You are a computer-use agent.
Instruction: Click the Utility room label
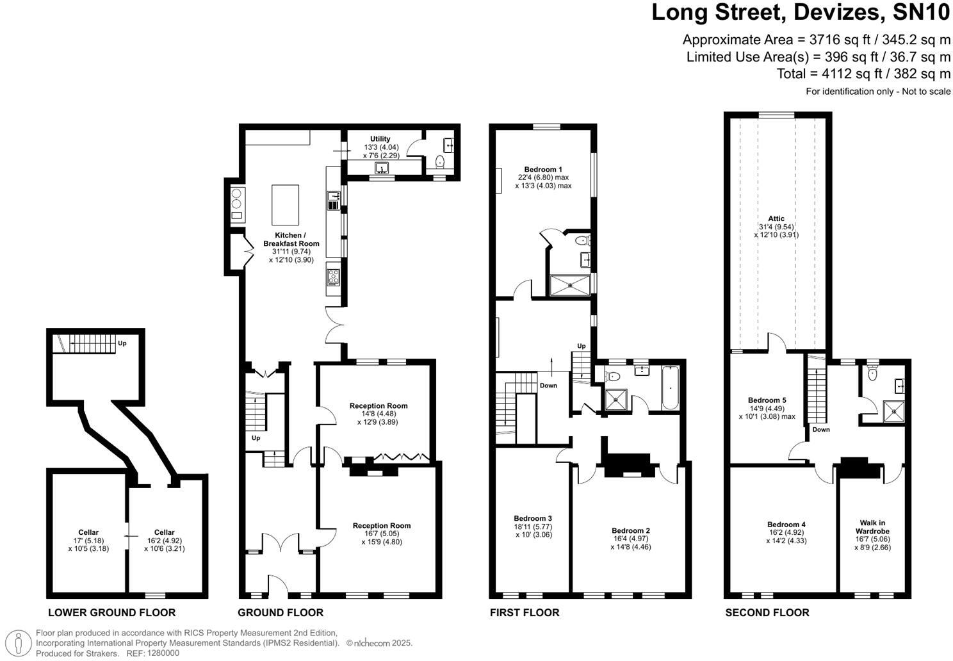[x=380, y=139]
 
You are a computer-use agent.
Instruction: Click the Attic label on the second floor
[x=776, y=218]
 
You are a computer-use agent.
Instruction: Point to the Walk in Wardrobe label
[x=872, y=527]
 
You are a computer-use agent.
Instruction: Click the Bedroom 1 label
[x=543, y=170]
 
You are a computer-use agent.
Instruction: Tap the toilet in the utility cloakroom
[x=439, y=163]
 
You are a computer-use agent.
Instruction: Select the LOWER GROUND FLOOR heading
[x=111, y=612]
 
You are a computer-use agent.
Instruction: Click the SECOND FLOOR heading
[x=767, y=612]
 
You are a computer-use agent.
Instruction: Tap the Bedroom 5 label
[x=767, y=400]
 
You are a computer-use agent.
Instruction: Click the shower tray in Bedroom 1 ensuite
[x=570, y=286]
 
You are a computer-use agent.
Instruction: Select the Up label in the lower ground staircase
[x=122, y=343]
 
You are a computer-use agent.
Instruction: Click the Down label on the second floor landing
[x=821, y=429]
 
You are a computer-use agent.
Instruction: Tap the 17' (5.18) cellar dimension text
[x=88, y=541]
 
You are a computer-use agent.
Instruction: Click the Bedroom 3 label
[x=532, y=518]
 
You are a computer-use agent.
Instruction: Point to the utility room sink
[x=383, y=168]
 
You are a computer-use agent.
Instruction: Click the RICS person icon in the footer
[x=22, y=642]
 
